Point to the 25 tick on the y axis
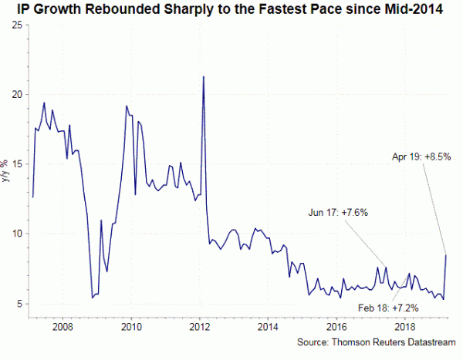[x=16, y=25]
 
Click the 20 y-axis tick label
[x=16, y=94]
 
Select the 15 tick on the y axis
[x=16, y=164]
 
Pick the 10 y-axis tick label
[x=16, y=234]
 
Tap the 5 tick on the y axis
[x=19, y=304]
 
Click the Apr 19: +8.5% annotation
[x=421, y=156]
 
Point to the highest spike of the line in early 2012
[x=203, y=77]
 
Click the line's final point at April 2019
[x=446, y=255]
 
